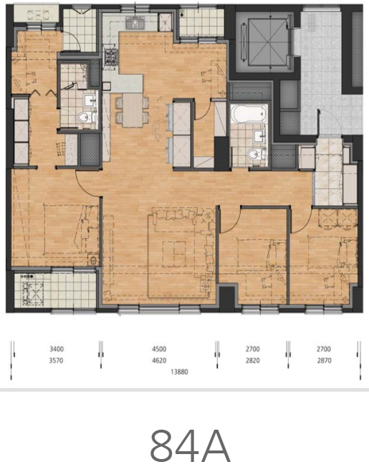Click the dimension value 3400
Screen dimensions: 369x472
pyautogui.click(x=57, y=349)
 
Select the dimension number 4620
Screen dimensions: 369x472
pyautogui.click(x=159, y=360)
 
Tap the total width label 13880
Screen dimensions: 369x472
pyautogui.click(x=179, y=372)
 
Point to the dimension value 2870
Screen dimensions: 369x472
pyautogui.click(x=324, y=360)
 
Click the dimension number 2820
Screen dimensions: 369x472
pyautogui.click(x=253, y=360)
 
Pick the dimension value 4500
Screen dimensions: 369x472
pyautogui.click(x=159, y=349)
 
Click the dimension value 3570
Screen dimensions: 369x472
pyautogui.click(x=56, y=360)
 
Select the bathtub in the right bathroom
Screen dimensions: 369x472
pyautogui.click(x=249, y=113)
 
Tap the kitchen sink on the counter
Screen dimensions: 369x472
pyautogui.click(x=135, y=23)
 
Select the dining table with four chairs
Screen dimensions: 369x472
pyautogui.click(x=133, y=110)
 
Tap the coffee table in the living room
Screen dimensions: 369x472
pyautogui.click(x=174, y=254)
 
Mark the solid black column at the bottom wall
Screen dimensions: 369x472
pyautogui.click(x=226, y=299)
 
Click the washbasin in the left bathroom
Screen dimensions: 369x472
pyautogui.click(x=90, y=100)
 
